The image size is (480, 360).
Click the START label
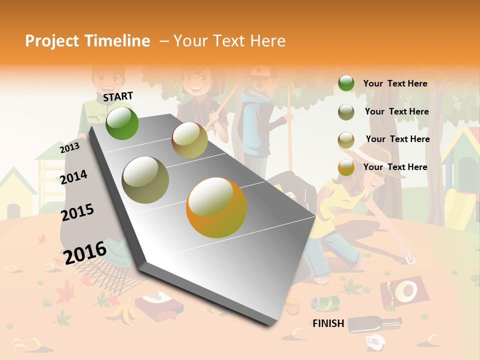[118, 96]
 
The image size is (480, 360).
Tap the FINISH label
[328, 323]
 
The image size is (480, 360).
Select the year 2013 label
[69, 148]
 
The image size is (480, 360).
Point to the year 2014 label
[74, 177]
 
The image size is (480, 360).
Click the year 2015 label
[77, 212]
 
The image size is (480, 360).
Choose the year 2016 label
[85, 252]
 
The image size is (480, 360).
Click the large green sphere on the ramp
[122, 123]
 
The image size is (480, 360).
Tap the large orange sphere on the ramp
[216, 207]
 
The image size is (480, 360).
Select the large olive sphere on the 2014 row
[145, 180]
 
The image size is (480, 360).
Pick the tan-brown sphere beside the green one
[189, 140]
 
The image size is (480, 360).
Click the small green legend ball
[346, 83]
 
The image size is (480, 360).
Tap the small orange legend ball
[346, 167]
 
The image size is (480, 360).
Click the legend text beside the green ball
[395, 83]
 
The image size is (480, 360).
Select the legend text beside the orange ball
[395, 167]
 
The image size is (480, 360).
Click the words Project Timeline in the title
[87, 41]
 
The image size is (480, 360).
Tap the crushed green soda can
[325, 302]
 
